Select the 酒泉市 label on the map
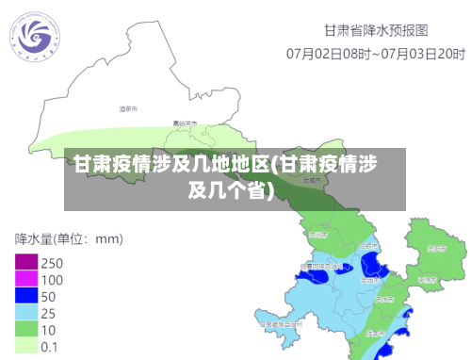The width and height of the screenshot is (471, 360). point(128,110)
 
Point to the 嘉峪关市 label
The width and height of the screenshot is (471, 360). point(185,123)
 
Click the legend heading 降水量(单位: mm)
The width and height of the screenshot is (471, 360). point(70,237)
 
